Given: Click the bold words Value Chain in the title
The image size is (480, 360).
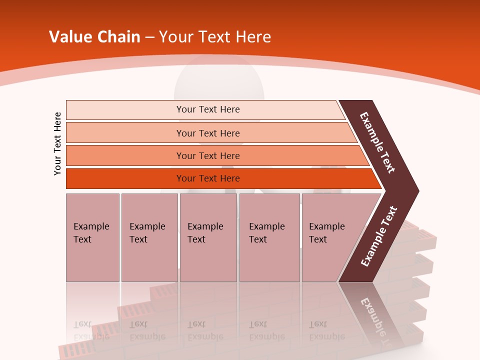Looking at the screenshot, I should coord(94,37).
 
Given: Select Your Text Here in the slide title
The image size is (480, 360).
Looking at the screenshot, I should coord(215,37).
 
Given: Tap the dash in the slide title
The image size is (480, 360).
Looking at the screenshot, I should coord(149,37).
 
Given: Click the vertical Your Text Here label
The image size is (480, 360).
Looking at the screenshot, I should coord(57,143).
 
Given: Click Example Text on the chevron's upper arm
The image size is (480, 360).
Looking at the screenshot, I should coord(377,143).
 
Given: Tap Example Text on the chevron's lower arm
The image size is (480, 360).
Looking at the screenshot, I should coord(379,236).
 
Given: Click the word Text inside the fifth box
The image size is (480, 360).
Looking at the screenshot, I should coord(318,239).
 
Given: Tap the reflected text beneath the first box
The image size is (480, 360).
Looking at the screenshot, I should coord(91,330).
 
